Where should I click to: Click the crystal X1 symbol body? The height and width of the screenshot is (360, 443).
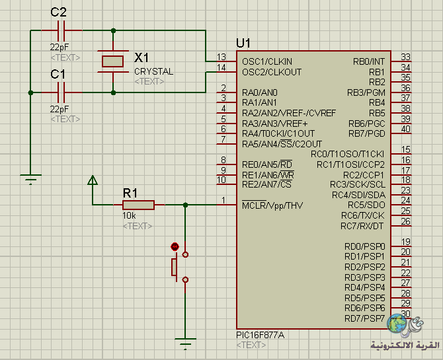pyautogui.click(x=112, y=61)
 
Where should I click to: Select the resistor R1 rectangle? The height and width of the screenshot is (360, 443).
pyautogui.click(x=138, y=205)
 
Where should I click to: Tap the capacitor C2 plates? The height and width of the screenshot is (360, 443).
pyautogui.click(x=61, y=30)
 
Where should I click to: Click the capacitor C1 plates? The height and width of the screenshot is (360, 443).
pyautogui.click(x=61, y=92)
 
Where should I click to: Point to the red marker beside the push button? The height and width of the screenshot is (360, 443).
pyautogui.click(x=175, y=247)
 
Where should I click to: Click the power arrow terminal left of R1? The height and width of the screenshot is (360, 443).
pyautogui.click(x=93, y=180)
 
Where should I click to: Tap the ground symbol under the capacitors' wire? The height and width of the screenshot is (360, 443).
pyautogui.click(x=30, y=180)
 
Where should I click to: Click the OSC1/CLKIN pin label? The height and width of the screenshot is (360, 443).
pyautogui.click(x=267, y=61)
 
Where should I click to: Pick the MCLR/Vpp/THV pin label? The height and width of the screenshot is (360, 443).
pyautogui.click(x=272, y=205)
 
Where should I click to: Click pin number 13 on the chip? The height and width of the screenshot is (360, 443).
pyautogui.click(x=221, y=57)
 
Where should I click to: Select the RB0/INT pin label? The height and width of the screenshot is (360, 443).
pyautogui.click(x=369, y=61)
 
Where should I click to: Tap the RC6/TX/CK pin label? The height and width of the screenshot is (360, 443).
pyautogui.click(x=363, y=216)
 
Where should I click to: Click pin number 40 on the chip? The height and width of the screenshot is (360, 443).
pyautogui.click(x=406, y=129)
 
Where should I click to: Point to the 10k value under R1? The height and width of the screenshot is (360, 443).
pyautogui.click(x=129, y=216)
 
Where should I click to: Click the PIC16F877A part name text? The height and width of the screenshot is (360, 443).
pyautogui.click(x=261, y=335)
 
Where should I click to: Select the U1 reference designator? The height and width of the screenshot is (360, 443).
pyautogui.click(x=243, y=43)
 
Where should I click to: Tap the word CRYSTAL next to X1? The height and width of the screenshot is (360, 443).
pyautogui.click(x=153, y=72)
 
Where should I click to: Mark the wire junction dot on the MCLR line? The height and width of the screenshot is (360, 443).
pyautogui.click(x=185, y=205)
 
